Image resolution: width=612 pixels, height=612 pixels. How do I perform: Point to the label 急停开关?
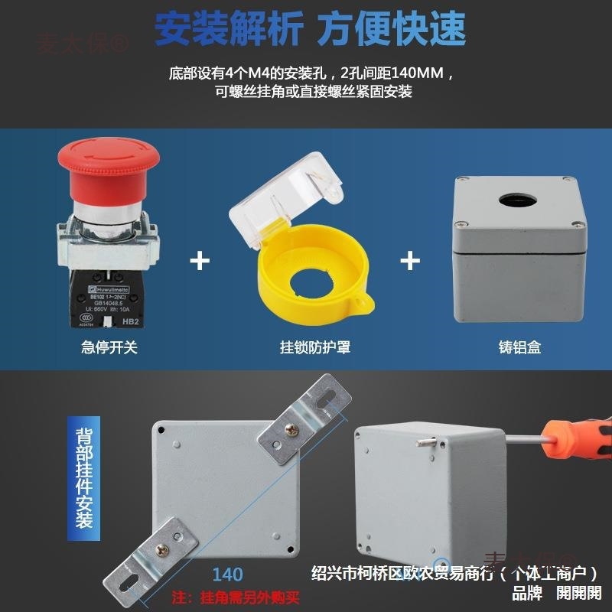click(x=109, y=347)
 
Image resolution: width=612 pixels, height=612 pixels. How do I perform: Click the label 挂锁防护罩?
click(x=315, y=347)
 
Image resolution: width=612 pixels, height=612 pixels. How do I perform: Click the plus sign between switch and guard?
click(x=200, y=261)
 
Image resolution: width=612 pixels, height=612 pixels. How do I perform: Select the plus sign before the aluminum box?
click(x=410, y=261)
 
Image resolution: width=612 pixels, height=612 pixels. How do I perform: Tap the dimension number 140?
click(x=227, y=574)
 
